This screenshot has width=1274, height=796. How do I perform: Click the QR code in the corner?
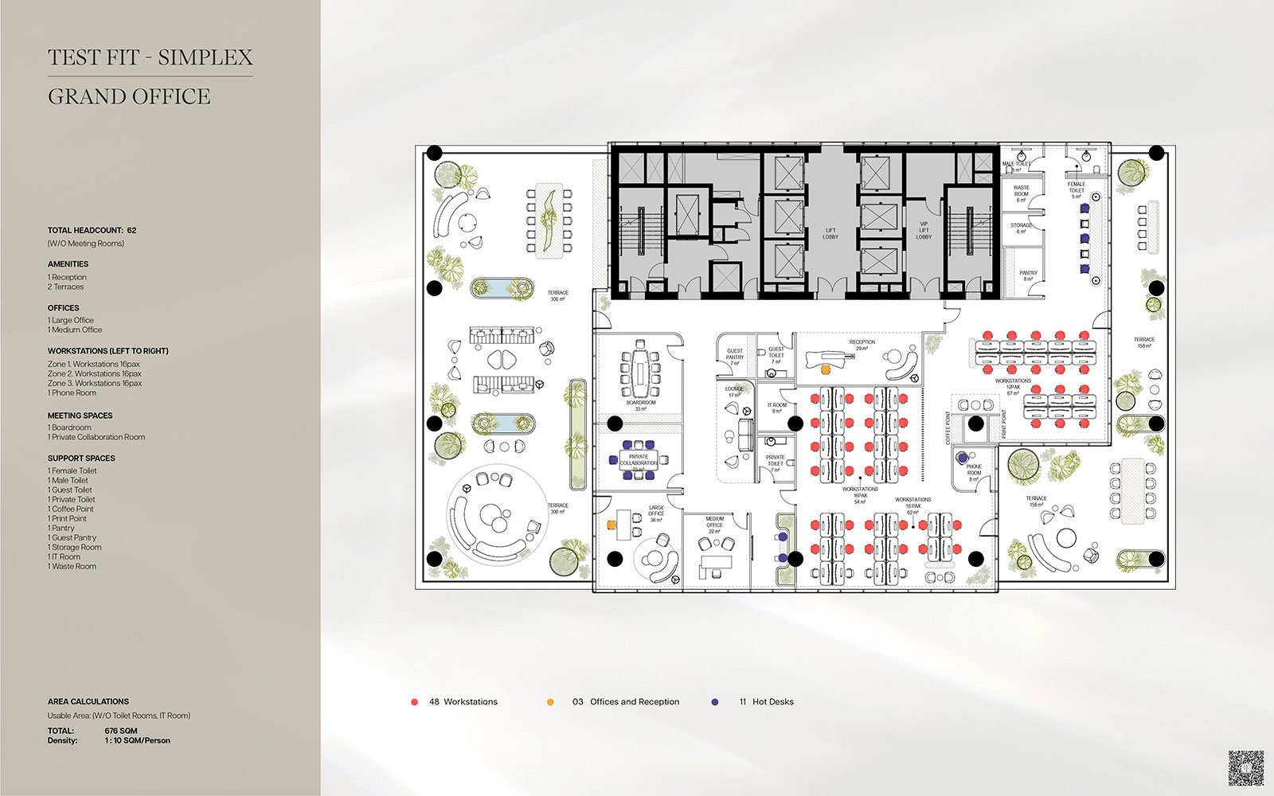tap(1246, 768)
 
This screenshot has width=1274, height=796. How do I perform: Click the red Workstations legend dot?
tap(414, 702)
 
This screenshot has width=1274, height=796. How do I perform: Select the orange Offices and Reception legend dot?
tap(550, 702)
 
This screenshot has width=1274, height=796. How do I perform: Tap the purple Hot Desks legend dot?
tap(715, 702)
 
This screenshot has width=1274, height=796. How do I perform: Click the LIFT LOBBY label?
tap(830, 233)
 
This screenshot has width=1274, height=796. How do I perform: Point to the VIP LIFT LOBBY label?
tap(924, 231)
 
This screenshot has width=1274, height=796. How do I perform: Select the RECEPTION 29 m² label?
tap(862, 345)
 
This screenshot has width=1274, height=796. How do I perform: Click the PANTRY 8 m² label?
tap(1028, 275)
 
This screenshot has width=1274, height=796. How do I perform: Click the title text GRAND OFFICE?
tap(129, 97)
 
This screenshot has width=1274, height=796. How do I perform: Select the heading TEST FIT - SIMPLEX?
tap(150, 57)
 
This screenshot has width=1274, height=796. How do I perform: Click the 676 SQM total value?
tap(121, 731)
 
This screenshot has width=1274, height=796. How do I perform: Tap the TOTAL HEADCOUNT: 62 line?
tap(92, 230)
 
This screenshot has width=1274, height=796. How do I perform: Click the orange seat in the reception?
tap(826, 370)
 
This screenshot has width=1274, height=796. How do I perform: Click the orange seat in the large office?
tap(612, 525)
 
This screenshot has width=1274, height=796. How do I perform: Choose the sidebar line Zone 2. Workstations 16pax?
tap(94, 373)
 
